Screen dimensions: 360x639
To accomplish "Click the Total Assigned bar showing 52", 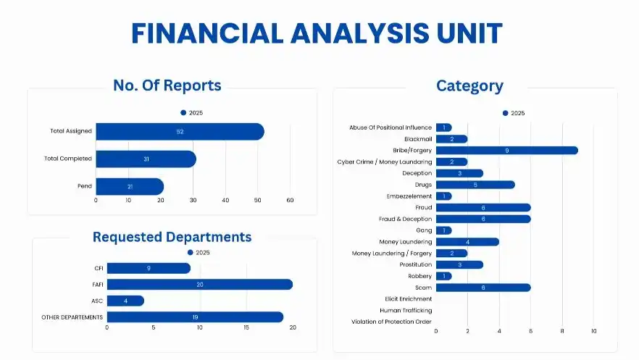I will [180, 131].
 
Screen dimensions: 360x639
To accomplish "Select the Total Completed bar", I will [146, 159].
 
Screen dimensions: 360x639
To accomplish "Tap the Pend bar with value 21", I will [130, 186].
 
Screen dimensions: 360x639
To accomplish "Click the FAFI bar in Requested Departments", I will [199, 285].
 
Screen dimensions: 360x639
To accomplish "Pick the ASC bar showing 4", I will [125, 301].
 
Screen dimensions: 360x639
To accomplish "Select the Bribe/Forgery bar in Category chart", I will [506, 151].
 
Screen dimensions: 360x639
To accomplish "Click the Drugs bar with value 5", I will [475, 185].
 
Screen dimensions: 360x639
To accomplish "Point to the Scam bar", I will [483, 288].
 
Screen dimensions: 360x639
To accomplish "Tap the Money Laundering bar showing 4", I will [467, 242].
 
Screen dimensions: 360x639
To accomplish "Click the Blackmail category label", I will [418, 139].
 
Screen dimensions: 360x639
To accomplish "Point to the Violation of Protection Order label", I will [391, 322].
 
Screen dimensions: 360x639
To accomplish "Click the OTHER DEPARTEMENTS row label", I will [72, 317].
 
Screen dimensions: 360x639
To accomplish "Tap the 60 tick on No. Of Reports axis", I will [290, 201].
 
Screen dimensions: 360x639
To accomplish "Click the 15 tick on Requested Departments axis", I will [246, 328].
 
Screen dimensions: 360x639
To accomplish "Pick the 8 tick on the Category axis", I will [562, 331].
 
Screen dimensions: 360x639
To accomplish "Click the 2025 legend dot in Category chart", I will [506, 113].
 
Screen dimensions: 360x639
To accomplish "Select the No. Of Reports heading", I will [167, 85].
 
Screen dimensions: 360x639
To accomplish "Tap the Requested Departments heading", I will [172, 237].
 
